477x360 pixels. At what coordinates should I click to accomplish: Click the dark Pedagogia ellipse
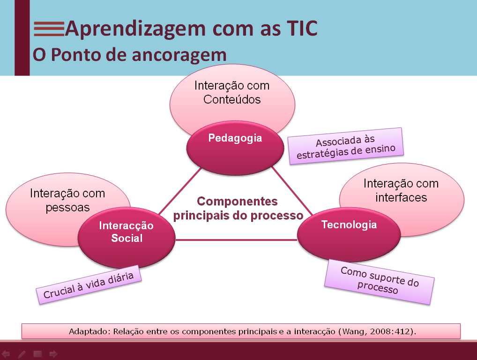coord(235,148)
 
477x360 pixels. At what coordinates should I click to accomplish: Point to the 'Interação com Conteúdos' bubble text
coord(232,93)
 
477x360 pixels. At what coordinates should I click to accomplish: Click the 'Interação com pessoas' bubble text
coord(67,200)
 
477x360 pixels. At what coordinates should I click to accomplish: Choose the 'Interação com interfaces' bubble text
coord(401,190)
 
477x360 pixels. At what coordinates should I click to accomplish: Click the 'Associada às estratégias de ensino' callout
coord(346,146)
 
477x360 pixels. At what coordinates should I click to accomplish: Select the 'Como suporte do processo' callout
coord(379,281)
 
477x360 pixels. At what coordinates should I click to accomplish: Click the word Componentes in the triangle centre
coord(237,202)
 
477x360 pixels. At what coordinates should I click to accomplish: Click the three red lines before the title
coord(48,29)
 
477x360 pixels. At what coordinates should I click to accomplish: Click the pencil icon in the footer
coord(22,354)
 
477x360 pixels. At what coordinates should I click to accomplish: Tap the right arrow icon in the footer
coord(53,354)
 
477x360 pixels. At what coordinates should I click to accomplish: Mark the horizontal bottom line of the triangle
coord(237,240)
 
